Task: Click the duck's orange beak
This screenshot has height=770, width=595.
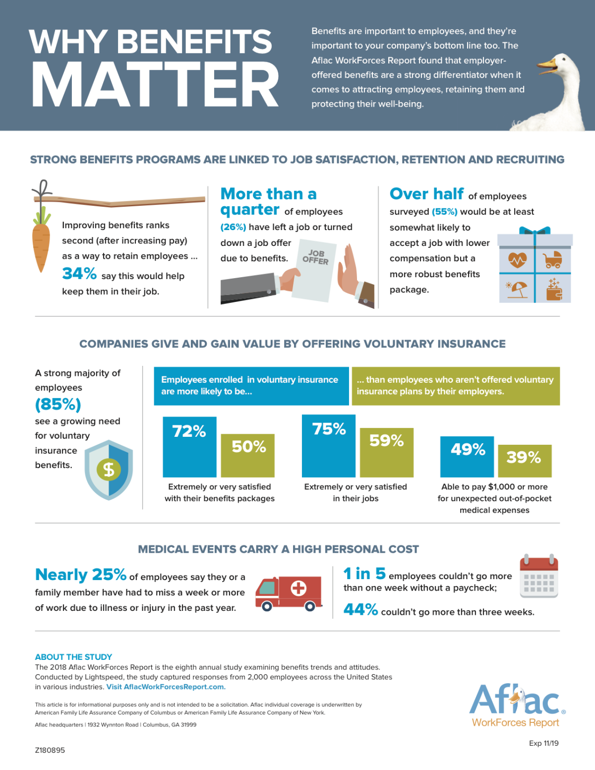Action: pos(546,65)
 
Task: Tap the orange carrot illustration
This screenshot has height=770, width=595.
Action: pos(41,243)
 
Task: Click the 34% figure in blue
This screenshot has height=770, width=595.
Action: pos(79,274)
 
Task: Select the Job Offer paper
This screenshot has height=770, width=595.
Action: pos(315,270)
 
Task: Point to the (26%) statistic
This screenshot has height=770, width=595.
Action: pos(233,227)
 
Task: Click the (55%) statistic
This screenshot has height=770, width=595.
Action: pos(444,212)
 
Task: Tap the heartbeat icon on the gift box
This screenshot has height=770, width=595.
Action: pos(517,259)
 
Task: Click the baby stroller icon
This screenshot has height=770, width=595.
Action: pos(553,259)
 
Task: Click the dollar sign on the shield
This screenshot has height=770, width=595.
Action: pos(109,469)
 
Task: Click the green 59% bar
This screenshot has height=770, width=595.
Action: pos(387,453)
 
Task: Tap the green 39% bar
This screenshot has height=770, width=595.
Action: pos(525,461)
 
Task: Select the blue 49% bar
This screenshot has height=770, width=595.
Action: pos(467,457)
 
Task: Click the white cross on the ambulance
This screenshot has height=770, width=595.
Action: pos(298,589)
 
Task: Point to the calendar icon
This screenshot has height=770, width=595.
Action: pos(539,576)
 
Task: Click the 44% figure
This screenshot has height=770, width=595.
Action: pos(360,610)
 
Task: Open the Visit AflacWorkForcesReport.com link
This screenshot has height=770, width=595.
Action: pos(166,687)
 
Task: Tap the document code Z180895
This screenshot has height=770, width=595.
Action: pos(50,750)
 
